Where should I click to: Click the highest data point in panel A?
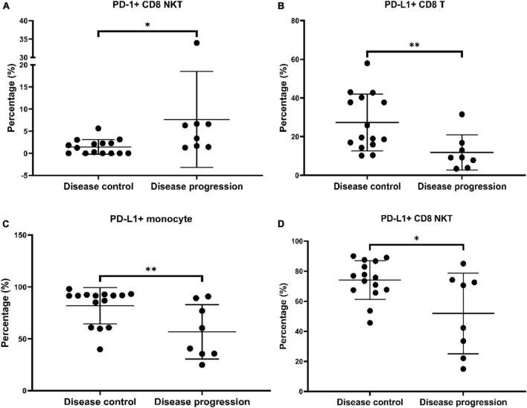pyautogui.click(x=197, y=43)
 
